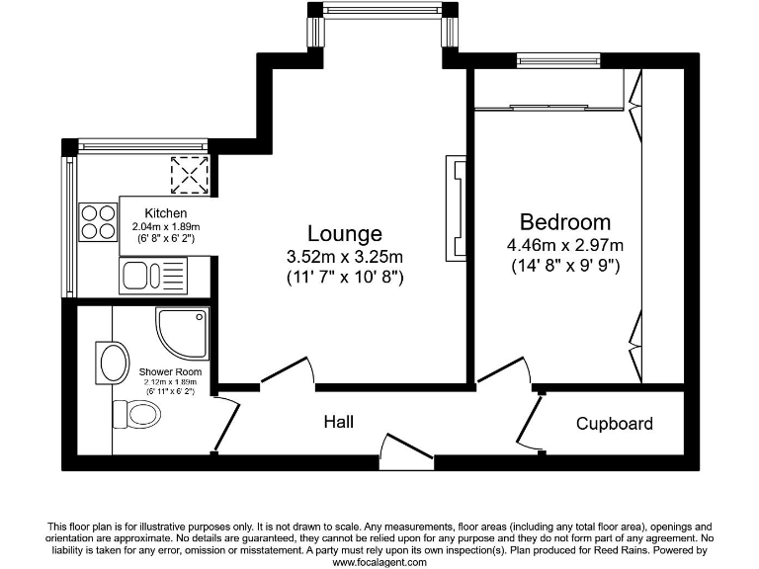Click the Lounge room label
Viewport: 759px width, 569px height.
[344, 234]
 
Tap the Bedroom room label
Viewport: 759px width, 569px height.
[565, 222]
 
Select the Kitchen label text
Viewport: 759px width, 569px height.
[165, 213]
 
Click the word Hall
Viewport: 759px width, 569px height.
[339, 423]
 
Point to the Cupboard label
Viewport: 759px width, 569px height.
[615, 424]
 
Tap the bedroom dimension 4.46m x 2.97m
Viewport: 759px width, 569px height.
[565, 245]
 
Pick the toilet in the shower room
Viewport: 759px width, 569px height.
[139, 412]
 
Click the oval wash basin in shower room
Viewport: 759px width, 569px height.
[112, 363]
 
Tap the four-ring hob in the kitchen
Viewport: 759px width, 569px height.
[97, 221]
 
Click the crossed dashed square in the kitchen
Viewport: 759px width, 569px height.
[189, 176]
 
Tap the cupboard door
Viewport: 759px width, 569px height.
[527, 425]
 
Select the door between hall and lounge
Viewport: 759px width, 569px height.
[287, 372]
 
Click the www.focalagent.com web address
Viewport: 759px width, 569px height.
[379, 561]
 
